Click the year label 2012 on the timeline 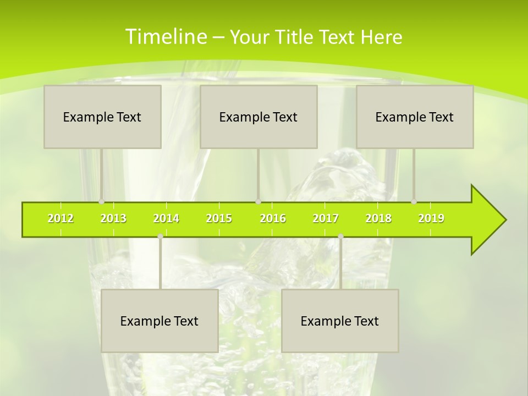click(x=61, y=219)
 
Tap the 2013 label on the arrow click(x=113, y=219)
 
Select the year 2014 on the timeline click(x=166, y=219)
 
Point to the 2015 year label click(x=219, y=219)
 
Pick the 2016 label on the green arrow click(x=273, y=219)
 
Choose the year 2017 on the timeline click(x=326, y=219)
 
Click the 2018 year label click(x=378, y=219)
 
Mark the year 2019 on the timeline click(x=431, y=219)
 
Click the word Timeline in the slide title click(x=164, y=37)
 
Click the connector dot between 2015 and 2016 click(x=258, y=202)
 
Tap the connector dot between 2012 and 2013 click(x=101, y=202)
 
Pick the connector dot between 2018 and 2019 click(x=414, y=202)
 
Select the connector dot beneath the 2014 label click(x=160, y=237)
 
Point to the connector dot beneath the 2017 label click(x=340, y=237)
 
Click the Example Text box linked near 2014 click(x=159, y=321)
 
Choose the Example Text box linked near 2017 click(x=340, y=321)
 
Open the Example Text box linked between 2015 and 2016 click(x=258, y=117)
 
